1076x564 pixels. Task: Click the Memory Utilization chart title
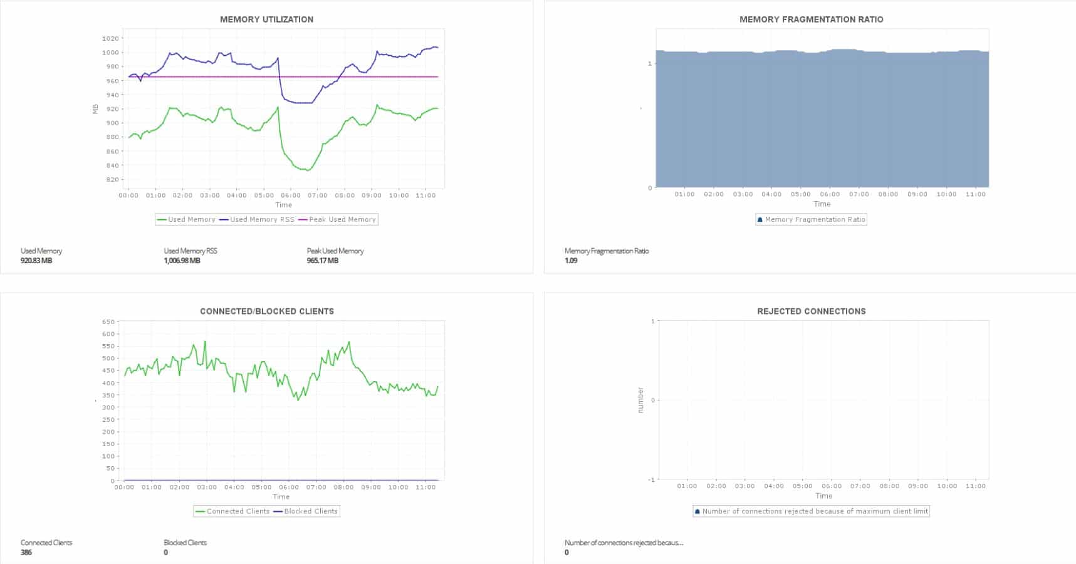(266, 19)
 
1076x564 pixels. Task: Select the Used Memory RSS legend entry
(261, 219)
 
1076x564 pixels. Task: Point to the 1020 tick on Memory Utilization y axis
(110, 38)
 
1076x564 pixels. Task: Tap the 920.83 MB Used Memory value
(36, 261)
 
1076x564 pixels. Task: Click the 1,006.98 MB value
(182, 261)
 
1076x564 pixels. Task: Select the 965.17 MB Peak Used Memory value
(322, 261)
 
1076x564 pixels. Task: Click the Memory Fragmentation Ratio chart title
(811, 19)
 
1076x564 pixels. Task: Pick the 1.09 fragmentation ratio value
(570, 261)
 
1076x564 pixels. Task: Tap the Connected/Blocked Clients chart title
(266, 311)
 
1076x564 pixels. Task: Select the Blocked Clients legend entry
(310, 511)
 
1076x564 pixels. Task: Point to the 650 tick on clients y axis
(108, 322)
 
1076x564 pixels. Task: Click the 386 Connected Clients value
(26, 553)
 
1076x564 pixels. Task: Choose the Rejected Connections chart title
(811, 311)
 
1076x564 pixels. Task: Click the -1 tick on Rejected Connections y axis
(651, 480)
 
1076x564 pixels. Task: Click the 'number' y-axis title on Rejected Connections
(640, 400)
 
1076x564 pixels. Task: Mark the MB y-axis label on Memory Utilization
(95, 109)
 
